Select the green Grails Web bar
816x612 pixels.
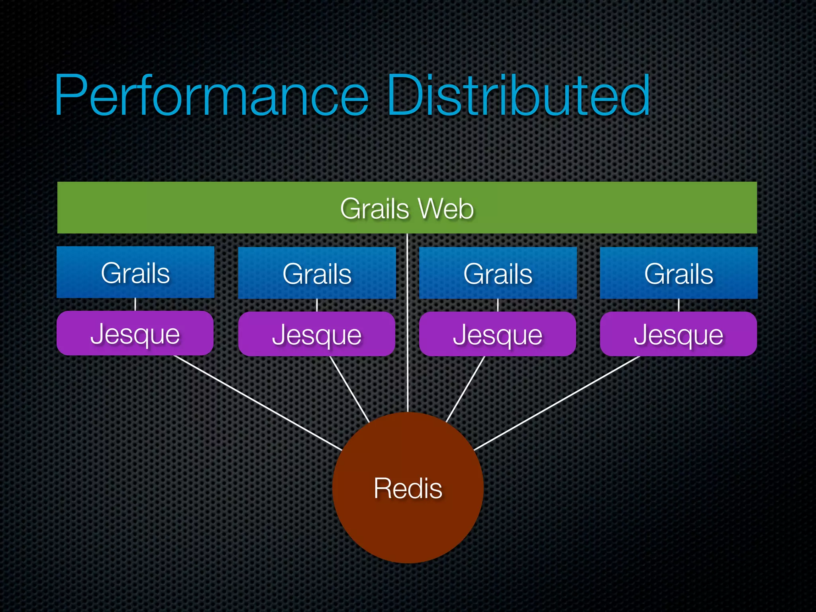pos(199,208)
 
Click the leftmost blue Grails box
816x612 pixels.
pos(135,273)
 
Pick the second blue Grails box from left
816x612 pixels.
pos(317,273)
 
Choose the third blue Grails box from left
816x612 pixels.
pos(498,273)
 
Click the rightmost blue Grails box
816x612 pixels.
pos(679,273)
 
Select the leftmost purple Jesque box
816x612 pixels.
pos(135,333)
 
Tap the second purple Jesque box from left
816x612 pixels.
pos(317,334)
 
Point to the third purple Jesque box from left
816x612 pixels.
pos(498,334)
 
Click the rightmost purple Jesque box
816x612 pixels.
pos(679,334)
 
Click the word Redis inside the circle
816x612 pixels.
pos(408,488)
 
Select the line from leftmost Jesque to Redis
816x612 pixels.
pos(258,403)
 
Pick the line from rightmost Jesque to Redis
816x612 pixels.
pos(557,403)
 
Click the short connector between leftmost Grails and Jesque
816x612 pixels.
pos(135,304)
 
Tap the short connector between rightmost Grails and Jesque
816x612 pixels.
pos(679,305)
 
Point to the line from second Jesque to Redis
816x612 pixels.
pos(349,389)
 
